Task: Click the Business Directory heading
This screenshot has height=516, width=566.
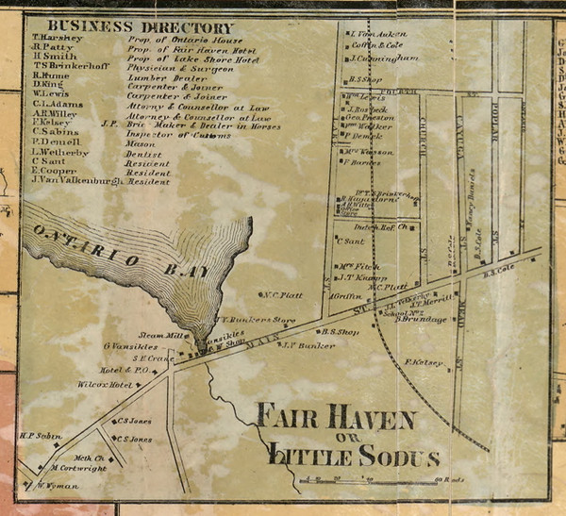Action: [x=139, y=27]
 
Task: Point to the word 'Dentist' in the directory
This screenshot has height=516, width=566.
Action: [x=144, y=154]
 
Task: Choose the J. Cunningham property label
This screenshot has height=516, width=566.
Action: [x=383, y=58]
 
